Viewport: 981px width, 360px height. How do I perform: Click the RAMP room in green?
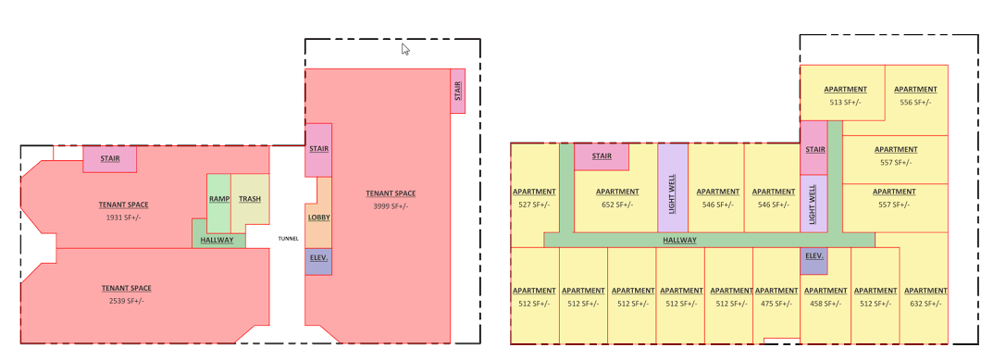click(219, 204)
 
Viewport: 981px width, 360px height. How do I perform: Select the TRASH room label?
click(250, 199)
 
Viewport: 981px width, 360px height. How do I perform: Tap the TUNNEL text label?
click(289, 239)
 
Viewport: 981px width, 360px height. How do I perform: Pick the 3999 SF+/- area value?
click(391, 206)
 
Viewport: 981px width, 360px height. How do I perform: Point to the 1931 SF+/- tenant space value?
click(123, 217)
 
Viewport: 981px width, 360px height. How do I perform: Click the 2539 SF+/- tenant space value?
click(127, 301)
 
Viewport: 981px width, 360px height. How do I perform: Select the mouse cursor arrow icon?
click(405, 49)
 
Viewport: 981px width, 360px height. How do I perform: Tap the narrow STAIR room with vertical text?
click(457, 91)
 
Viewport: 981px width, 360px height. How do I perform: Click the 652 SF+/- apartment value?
click(617, 205)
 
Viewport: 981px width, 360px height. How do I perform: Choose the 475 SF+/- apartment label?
click(776, 303)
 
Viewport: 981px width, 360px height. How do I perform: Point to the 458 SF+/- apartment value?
click(826, 303)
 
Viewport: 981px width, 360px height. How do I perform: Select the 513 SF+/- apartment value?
click(845, 102)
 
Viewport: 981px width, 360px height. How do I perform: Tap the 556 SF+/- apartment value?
click(915, 102)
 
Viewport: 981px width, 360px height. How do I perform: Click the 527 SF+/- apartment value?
click(534, 205)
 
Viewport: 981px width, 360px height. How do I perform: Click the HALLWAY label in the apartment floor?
click(679, 240)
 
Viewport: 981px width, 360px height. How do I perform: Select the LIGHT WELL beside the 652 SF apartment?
click(673, 188)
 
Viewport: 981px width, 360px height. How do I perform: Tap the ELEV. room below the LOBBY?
click(318, 262)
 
